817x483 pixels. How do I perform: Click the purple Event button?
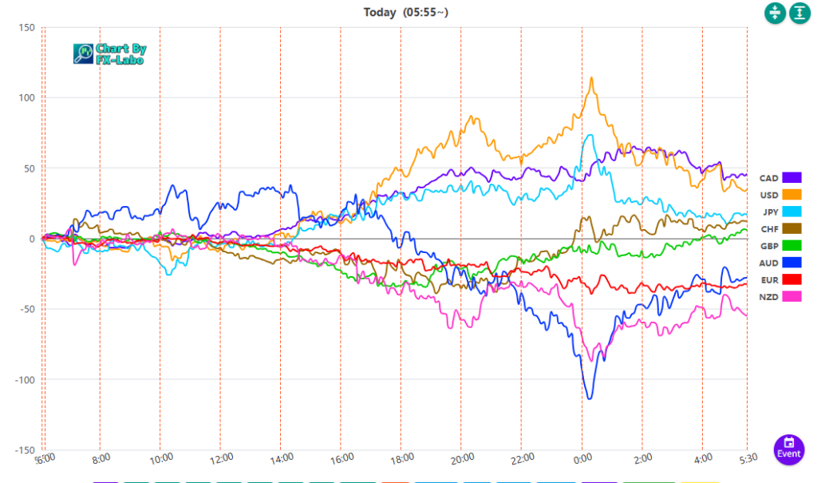789,449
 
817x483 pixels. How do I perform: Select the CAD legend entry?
780,178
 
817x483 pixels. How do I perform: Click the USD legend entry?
780,195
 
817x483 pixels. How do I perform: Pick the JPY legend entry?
780,212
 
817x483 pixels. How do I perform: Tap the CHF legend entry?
780,229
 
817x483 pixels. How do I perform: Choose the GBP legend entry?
780,246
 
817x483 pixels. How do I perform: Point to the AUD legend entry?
780,263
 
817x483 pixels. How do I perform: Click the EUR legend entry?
780,279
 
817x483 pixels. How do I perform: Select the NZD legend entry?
780,296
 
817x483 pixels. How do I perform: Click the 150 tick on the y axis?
26,28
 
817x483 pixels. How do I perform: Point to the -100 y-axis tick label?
24,379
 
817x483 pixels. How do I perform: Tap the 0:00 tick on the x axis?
582,458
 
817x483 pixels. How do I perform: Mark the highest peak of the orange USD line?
591,78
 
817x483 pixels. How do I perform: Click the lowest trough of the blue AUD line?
590,398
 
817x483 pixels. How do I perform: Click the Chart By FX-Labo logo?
110,53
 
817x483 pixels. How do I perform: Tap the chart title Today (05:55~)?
406,12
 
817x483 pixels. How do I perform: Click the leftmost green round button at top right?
775,13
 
